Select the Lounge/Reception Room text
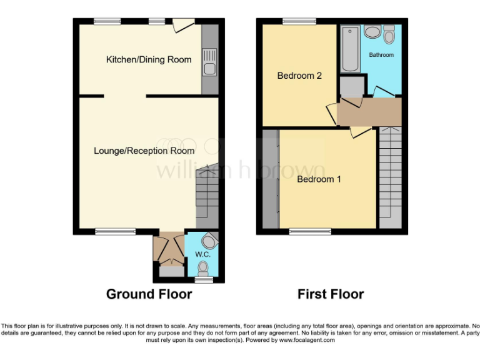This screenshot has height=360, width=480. coord(144,151)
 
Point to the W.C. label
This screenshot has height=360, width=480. coord(202,254)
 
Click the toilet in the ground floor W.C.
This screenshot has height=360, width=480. coord(202,267)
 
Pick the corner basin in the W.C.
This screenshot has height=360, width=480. coord(211,241)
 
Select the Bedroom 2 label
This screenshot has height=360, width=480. coord(299,76)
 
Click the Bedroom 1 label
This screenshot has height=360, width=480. coord(319,179)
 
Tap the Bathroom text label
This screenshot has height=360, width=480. coord(381,55)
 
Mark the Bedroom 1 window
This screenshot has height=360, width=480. coord(310,231)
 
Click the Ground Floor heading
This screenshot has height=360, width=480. coord(149,294)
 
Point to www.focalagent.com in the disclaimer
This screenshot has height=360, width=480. coord(307,341)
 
